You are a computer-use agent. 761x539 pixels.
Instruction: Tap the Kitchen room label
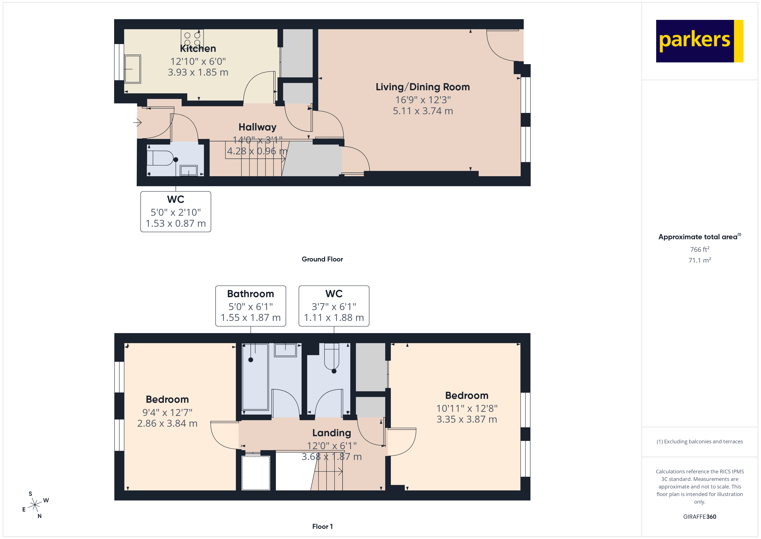coord(198,49)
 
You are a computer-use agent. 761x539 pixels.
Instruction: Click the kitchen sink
coord(133,69)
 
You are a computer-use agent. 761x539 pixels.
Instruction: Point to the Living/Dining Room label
coord(423,87)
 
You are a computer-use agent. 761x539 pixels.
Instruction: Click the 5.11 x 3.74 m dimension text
coord(423,111)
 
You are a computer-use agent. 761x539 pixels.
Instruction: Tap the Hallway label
coord(257,127)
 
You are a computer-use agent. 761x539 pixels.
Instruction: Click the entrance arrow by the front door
coord(137,122)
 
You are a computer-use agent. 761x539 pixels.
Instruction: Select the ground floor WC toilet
coord(160,158)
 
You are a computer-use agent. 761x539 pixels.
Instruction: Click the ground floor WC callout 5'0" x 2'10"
coord(176,212)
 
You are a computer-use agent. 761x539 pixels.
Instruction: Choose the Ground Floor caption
coord(322,259)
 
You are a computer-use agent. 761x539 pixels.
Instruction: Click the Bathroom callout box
coord(251,306)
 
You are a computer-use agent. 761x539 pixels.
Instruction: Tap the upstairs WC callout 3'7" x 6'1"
coord(334,306)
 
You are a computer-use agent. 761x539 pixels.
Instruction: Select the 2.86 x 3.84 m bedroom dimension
coord(167,423)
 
